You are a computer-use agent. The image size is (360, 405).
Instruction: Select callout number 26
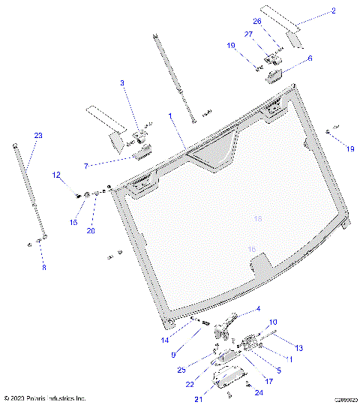pyautogui.click(x=257, y=21)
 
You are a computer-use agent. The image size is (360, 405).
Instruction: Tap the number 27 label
pyautogui.click(x=249, y=34)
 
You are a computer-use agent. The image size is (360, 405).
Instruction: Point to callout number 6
pyautogui.click(x=310, y=58)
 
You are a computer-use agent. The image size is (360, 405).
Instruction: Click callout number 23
pyautogui.click(x=38, y=135)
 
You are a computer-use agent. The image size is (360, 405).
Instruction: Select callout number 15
pyautogui.click(x=73, y=222)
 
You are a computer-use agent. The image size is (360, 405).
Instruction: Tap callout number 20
pyautogui.click(x=91, y=231)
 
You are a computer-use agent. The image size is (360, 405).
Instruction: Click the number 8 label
pyautogui.click(x=43, y=267)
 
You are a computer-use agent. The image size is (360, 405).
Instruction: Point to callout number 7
pyautogui.click(x=86, y=165)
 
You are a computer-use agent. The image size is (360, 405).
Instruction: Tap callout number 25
pyautogui.click(x=181, y=369)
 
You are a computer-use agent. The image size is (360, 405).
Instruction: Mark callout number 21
pyautogui.click(x=198, y=398)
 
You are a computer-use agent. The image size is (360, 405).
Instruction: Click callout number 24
pyautogui.click(x=259, y=392)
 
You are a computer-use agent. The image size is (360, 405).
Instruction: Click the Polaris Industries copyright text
pyautogui.click(x=45, y=398)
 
